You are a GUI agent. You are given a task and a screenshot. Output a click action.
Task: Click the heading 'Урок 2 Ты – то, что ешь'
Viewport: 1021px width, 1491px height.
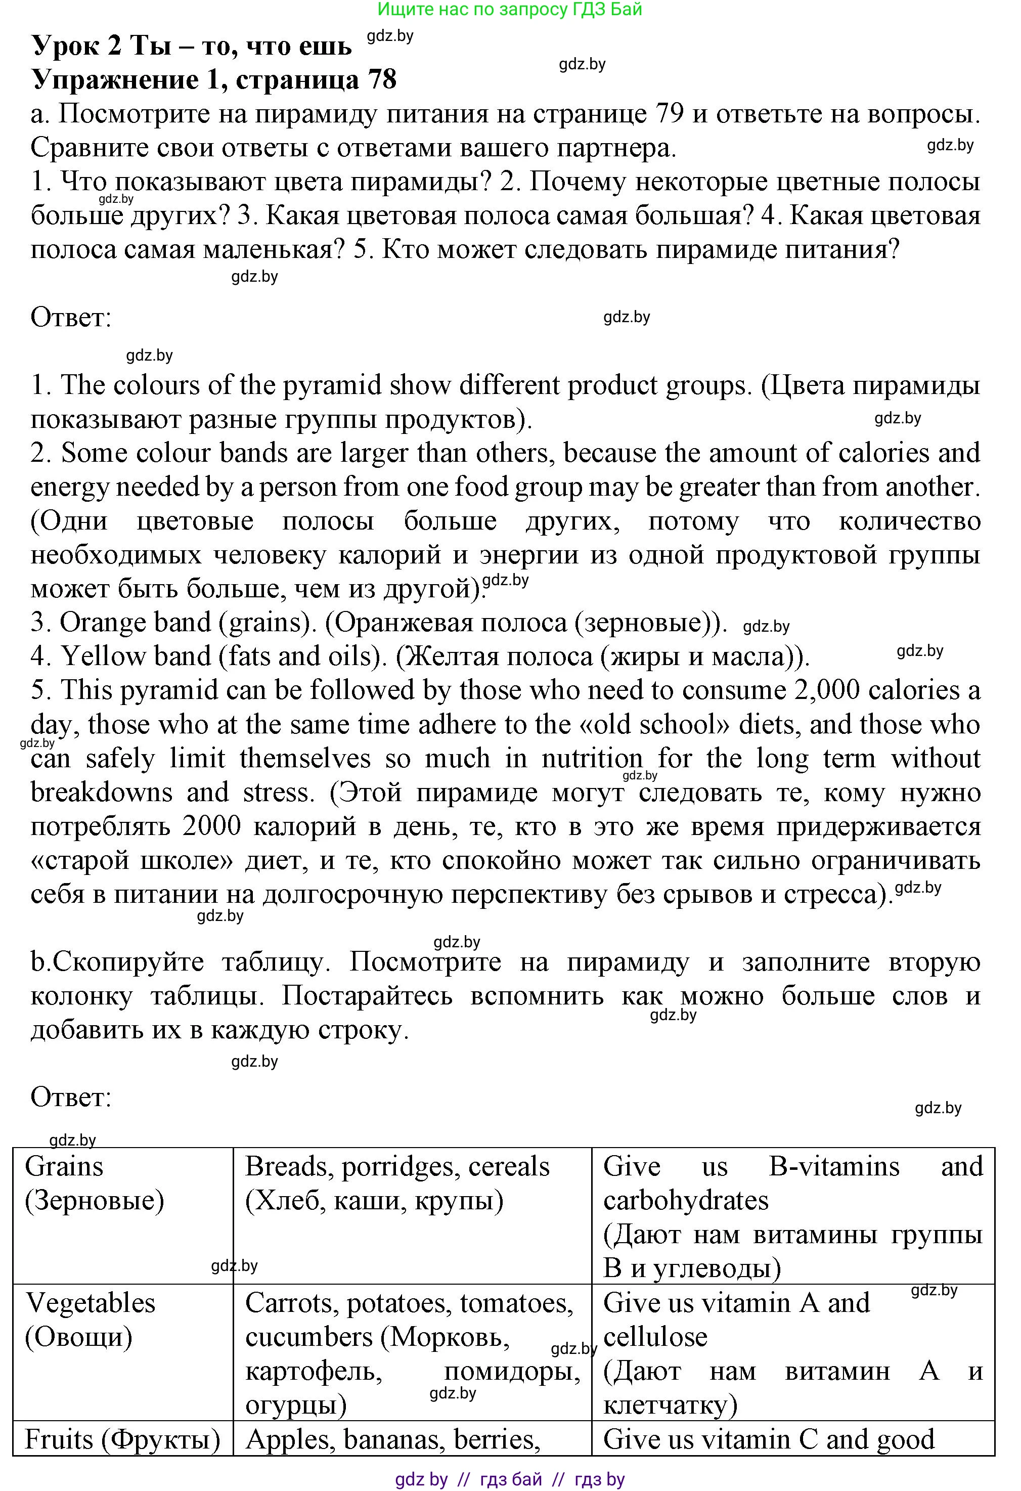pos(191,46)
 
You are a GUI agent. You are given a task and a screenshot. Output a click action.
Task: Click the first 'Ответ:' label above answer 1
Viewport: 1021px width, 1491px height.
pos(71,318)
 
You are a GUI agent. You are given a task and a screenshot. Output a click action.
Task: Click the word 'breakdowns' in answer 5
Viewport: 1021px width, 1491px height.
pos(101,793)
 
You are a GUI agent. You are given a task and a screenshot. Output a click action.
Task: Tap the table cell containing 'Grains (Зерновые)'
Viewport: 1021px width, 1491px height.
pos(122,1214)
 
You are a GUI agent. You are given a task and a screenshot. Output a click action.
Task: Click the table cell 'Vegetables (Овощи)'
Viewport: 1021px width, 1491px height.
pos(122,1350)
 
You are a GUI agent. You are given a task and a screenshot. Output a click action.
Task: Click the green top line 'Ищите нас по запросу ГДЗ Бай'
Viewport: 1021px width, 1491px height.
pos(510,9)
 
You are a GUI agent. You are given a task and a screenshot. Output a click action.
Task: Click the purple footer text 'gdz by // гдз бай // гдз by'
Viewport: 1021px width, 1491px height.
pos(510,1479)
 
